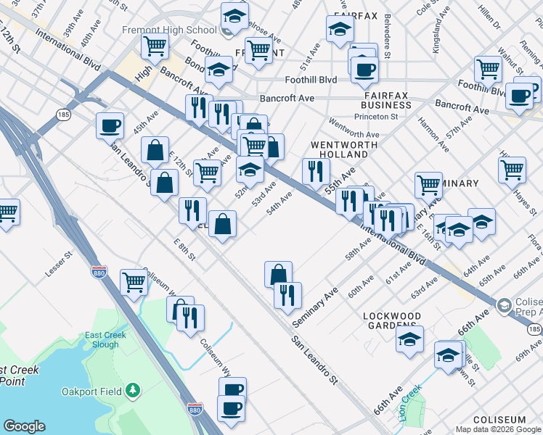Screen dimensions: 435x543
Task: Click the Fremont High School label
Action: (x=179, y=30)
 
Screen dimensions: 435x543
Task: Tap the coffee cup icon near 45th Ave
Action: (x=110, y=125)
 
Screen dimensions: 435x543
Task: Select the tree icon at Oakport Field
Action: (x=132, y=391)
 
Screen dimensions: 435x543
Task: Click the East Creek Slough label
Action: (x=105, y=339)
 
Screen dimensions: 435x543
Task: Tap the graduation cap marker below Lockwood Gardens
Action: (x=410, y=338)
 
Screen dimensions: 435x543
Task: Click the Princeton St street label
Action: (x=376, y=116)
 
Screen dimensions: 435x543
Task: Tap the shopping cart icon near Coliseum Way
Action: (x=134, y=281)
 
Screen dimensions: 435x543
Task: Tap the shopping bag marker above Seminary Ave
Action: (x=278, y=274)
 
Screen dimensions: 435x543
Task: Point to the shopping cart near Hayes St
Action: (x=512, y=169)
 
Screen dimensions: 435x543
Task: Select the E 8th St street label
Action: (x=185, y=249)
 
